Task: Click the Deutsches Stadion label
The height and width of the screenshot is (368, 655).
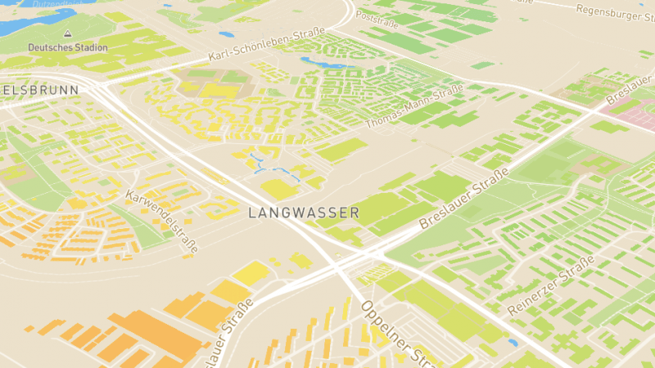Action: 67,47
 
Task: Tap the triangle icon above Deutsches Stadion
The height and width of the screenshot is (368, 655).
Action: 67,34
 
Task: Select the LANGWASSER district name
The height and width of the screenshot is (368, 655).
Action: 303,213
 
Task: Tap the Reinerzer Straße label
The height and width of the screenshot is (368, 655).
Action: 550,286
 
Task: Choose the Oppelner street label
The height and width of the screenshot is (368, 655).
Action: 391,331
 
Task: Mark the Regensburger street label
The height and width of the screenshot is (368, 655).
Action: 614,10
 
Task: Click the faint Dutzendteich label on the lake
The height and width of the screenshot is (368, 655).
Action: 57,4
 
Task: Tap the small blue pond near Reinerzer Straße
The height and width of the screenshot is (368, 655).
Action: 513,343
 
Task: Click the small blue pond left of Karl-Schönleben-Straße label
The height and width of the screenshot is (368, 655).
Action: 226,34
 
